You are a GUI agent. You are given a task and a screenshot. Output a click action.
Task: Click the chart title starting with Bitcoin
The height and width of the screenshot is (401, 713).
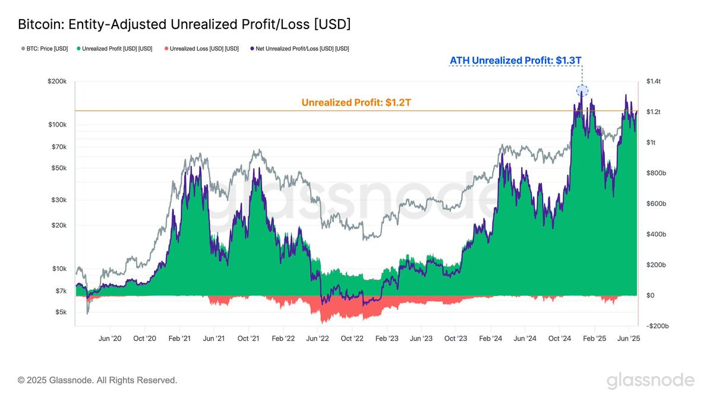(x=184, y=24)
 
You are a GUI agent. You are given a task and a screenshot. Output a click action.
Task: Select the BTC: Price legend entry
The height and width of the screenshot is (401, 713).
(x=45, y=49)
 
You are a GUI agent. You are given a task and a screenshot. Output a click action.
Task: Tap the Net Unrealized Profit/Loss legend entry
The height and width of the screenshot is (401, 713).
(x=299, y=49)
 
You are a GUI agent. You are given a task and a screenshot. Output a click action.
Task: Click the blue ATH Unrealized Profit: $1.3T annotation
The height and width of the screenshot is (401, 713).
(x=519, y=61)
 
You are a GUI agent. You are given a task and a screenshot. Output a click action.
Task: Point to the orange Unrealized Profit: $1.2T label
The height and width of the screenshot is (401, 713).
(x=356, y=103)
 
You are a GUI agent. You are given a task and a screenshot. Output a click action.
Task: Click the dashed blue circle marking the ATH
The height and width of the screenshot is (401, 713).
(x=582, y=91)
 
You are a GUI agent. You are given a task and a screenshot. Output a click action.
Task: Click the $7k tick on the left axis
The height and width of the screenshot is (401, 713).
(x=62, y=291)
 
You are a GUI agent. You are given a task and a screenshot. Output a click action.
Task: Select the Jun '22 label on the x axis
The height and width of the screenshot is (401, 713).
(x=317, y=339)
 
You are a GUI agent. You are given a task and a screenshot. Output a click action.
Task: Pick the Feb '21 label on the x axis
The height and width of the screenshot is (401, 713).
(x=179, y=339)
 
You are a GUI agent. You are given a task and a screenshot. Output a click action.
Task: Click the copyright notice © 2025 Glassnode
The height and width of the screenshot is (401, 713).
(x=97, y=380)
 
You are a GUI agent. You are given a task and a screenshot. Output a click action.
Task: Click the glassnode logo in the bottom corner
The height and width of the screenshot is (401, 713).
(x=650, y=380)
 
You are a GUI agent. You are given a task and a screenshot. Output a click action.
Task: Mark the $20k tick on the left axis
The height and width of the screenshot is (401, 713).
(x=60, y=226)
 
